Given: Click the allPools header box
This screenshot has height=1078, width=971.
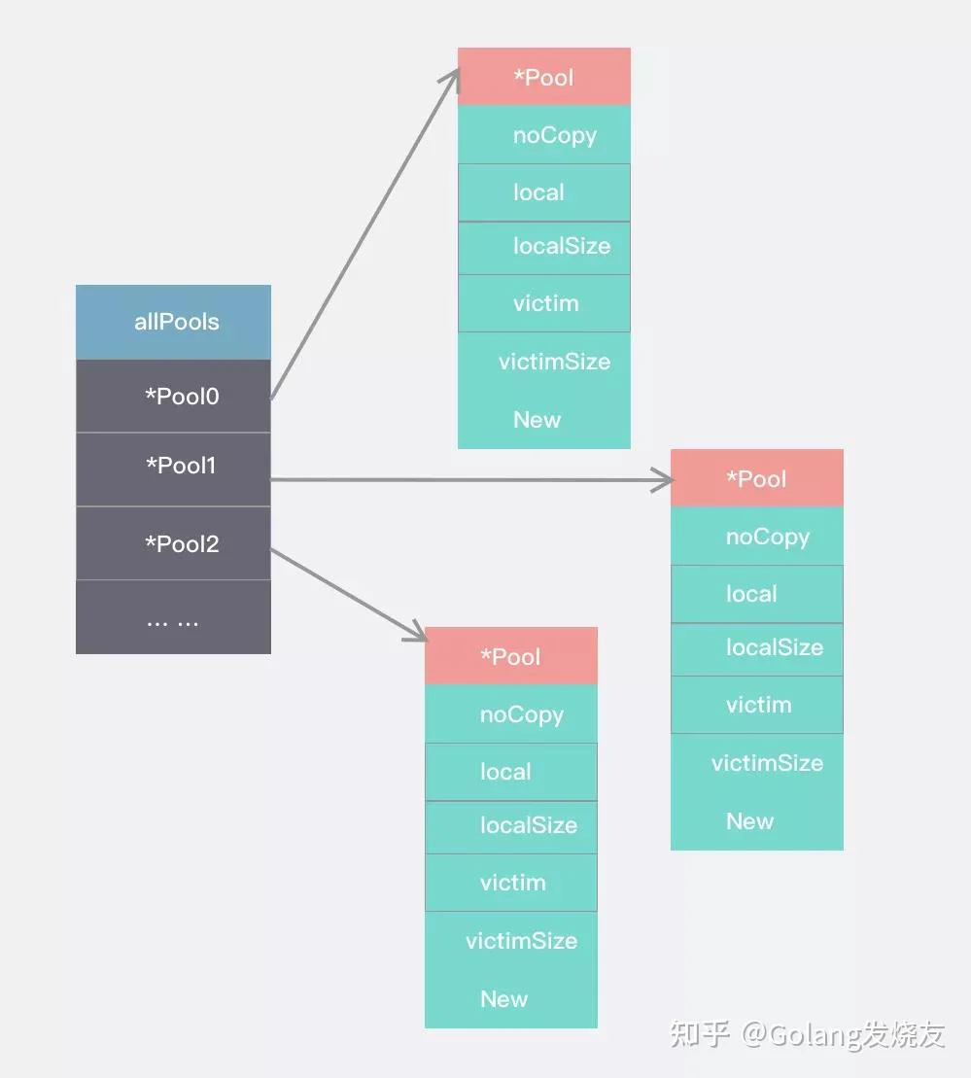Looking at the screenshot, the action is click(173, 322).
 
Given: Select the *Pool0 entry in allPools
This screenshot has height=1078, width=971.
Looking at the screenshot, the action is click(173, 396).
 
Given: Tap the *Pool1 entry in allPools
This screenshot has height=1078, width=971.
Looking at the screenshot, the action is click(173, 469).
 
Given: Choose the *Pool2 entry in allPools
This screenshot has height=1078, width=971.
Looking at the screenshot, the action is click(173, 543).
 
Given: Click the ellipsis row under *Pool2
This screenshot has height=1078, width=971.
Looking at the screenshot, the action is click(173, 616).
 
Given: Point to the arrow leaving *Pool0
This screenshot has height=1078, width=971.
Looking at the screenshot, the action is click(364, 233).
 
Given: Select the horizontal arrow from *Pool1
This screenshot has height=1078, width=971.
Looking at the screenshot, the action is click(471, 480).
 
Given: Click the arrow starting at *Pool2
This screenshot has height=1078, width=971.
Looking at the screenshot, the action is click(349, 595).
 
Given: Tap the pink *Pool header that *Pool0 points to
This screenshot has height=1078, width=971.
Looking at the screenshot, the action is click(544, 77).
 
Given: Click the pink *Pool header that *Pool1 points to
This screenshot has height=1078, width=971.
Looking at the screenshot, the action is click(757, 478).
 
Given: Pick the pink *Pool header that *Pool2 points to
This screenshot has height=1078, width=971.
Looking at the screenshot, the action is click(511, 656).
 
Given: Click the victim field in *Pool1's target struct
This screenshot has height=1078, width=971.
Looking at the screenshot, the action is click(757, 705).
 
